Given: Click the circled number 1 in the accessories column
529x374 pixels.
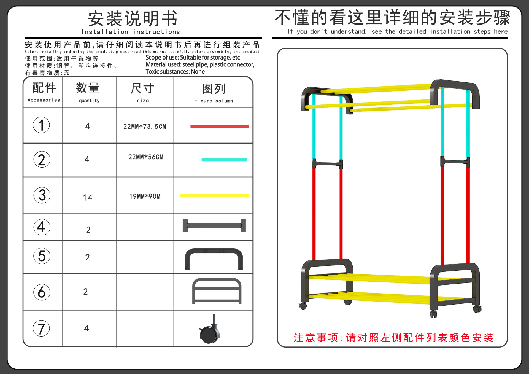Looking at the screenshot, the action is [41, 125].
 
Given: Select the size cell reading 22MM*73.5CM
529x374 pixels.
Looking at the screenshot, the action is [145, 127].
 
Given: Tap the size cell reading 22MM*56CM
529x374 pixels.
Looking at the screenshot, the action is [146, 157].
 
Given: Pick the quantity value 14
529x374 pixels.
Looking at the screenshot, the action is [88, 197].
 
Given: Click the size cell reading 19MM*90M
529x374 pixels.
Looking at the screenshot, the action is [145, 197].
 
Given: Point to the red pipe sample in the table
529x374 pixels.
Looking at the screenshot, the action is [220, 127].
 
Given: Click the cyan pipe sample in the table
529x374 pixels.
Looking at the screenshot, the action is [224, 160].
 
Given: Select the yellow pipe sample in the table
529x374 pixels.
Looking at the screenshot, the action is [214, 196].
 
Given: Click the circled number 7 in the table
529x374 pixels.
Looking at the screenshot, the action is [41, 328].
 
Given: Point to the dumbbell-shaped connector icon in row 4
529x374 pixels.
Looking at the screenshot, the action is [214, 226].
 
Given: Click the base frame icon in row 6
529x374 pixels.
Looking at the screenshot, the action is [217, 291].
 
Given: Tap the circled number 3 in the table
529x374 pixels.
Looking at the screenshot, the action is [42, 195].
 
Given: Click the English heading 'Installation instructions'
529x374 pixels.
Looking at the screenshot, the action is [131, 32].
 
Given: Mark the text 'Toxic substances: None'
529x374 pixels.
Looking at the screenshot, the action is [175, 72].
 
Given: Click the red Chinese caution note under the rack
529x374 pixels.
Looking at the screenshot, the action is [393, 338].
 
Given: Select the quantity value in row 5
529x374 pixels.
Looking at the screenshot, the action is [87, 257].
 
